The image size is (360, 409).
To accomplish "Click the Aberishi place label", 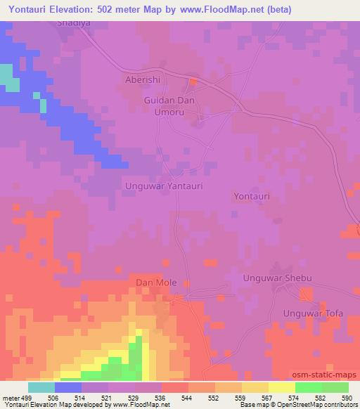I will coord(143,80).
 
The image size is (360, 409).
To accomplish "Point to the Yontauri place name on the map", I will coord(252,197).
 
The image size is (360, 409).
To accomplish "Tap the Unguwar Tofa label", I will coord(313,313).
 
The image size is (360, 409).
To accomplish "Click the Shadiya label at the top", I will coord(75,22).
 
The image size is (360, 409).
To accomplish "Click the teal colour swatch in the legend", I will coord(41,387).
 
